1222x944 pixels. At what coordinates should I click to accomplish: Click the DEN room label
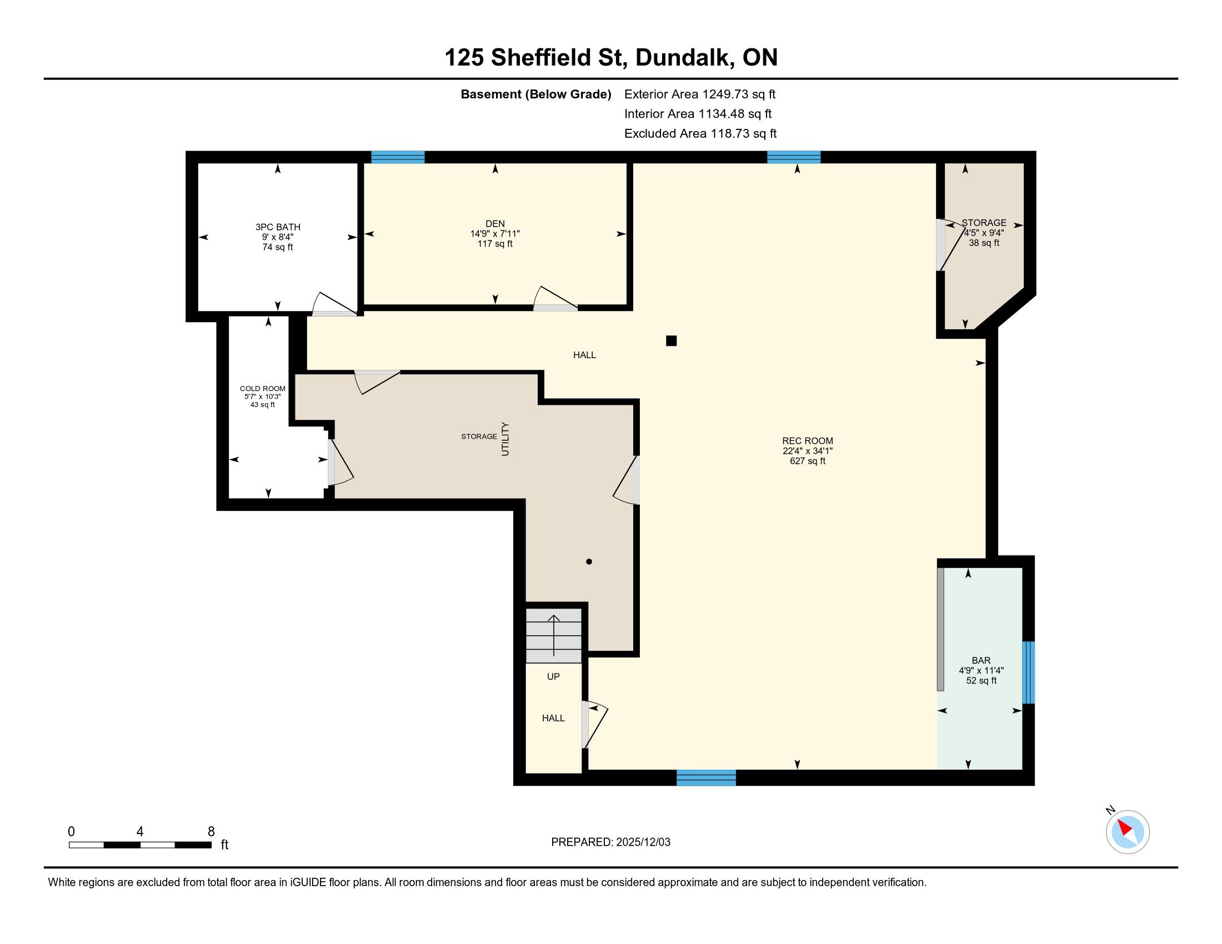coord(495,224)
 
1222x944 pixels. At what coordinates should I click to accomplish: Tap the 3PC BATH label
coord(278,227)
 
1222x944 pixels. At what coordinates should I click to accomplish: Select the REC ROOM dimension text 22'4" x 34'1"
coord(808,451)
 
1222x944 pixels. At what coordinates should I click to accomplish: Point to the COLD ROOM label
coord(262,389)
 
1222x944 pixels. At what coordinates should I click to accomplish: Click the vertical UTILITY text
coord(505,439)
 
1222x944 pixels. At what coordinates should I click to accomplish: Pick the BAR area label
coord(981,660)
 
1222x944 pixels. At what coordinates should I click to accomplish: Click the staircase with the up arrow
coord(554,636)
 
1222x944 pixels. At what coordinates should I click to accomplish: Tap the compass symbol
coord(1128,832)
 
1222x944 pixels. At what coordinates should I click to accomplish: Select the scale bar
coord(140,845)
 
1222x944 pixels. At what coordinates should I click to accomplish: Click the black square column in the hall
coord(672,340)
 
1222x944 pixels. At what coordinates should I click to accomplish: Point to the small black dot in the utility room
coord(589,561)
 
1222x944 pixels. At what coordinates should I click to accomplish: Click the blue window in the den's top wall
coord(398,157)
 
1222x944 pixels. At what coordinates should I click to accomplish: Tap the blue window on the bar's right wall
coord(1028,672)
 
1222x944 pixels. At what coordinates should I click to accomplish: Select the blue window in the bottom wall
coord(706,778)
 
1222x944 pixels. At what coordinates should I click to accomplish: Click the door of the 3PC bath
coord(334,304)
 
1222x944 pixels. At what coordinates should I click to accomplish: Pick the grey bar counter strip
coord(940,629)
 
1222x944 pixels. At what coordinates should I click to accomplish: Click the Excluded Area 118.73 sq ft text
coord(700,134)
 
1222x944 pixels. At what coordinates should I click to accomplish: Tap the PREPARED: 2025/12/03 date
coord(610,842)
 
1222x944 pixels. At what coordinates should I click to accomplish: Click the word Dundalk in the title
coord(685,58)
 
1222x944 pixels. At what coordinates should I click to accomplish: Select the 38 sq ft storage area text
coord(984,243)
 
